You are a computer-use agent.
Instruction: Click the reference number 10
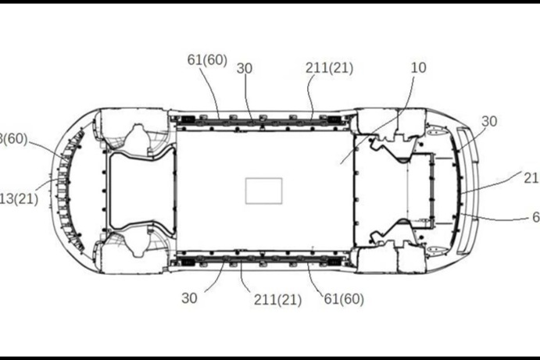point(418,68)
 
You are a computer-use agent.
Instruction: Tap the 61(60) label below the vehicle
point(344,298)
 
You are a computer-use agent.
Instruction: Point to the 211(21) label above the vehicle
point(329,68)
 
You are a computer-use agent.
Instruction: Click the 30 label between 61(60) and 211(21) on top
point(245,68)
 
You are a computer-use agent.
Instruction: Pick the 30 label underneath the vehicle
point(190,298)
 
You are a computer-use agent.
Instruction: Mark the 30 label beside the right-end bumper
point(489,121)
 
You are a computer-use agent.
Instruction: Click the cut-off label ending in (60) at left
point(14,139)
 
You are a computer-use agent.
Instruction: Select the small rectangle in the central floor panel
point(263,191)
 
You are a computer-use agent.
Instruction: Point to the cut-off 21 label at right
point(531,178)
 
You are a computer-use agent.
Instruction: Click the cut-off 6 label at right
point(535,216)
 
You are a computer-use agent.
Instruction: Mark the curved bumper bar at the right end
point(466,191)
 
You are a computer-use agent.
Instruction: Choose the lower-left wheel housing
point(133,248)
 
